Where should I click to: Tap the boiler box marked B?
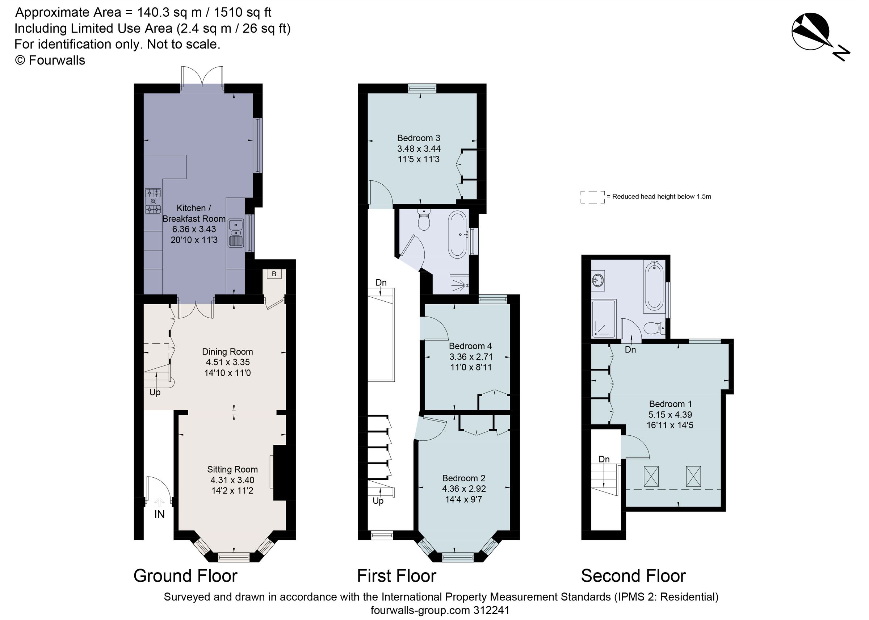coord(274,274)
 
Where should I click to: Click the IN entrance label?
coord(159,514)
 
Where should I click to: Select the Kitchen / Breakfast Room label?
coord(193,213)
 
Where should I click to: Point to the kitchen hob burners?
coord(153,201)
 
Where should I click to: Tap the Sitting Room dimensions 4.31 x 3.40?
coord(232,480)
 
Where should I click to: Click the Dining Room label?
coord(227,352)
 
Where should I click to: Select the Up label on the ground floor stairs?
coord(155,393)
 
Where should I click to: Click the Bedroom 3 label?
coord(418,138)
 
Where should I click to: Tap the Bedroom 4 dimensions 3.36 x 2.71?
coord(471,357)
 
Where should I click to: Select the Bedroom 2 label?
coord(463,478)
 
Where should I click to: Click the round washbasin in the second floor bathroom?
coord(598,280)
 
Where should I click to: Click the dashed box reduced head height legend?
coord(592,197)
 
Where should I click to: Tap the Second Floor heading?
coord(633,576)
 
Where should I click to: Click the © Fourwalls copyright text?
coord(50,60)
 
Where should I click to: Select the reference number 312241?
coord(491,610)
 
